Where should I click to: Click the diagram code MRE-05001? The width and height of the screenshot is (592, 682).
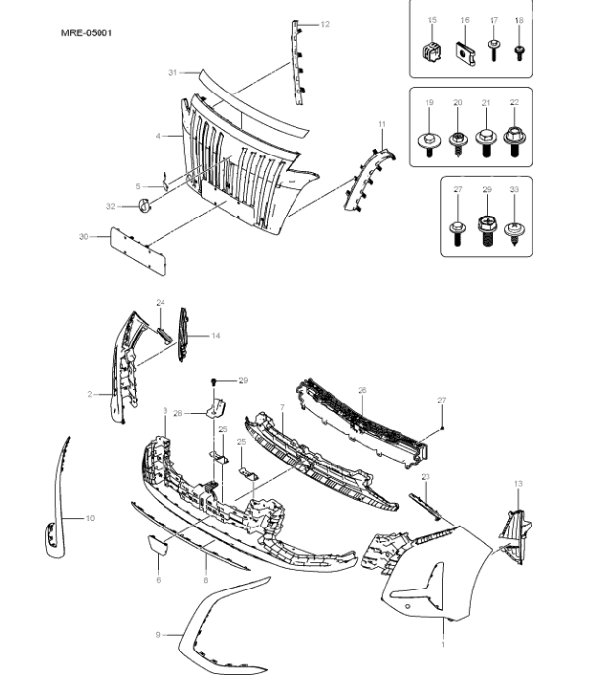click(87, 32)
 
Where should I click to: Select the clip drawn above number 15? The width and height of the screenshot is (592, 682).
click(430, 50)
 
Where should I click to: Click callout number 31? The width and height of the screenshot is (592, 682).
click(171, 73)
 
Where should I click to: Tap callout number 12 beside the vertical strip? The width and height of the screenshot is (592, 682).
click(325, 23)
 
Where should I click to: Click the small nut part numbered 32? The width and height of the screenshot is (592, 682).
click(141, 205)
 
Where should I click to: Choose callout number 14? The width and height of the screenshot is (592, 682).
click(215, 336)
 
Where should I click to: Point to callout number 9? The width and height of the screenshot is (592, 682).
click(157, 635)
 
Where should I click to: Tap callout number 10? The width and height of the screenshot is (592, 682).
click(90, 517)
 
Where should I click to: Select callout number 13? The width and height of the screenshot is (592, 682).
click(518, 484)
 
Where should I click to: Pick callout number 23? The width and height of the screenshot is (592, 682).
click(426, 476)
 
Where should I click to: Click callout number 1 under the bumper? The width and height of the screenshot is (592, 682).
click(442, 645)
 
